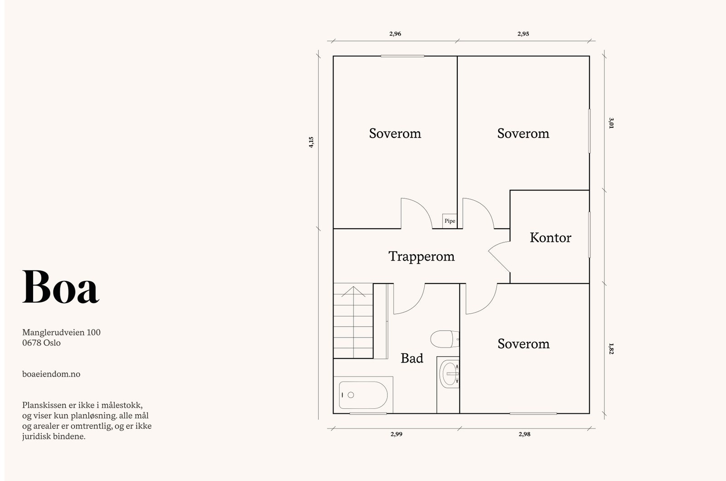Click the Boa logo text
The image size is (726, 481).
(61, 287)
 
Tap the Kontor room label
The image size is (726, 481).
(550, 238)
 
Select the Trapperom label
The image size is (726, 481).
(422, 256)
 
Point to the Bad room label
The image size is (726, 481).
(412, 358)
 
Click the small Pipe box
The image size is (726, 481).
(450, 221)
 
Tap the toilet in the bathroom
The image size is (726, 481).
(445, 339)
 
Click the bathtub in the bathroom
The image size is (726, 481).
(363, 395)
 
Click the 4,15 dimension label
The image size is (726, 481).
(311, 142)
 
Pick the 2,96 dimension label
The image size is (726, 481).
(395, 34)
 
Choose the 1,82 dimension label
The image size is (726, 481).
(611, 348)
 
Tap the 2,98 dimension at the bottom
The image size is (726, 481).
(525, 434)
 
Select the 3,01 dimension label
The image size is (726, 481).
(611, 123)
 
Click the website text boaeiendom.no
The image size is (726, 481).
(51, 374)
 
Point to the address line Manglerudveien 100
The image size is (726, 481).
(61, 333)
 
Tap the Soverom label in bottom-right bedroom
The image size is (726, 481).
(524, 344)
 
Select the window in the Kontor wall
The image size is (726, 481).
(589, 235)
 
